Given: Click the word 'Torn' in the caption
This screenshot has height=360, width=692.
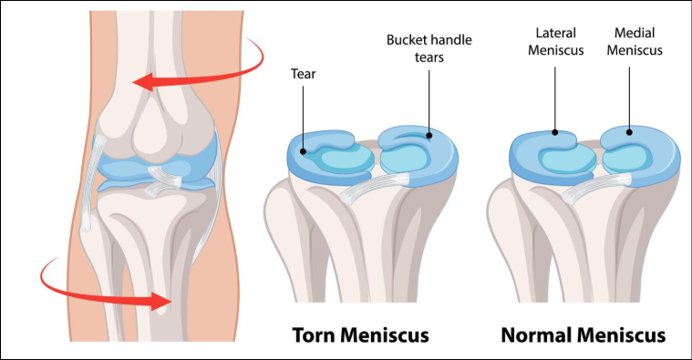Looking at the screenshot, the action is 315,335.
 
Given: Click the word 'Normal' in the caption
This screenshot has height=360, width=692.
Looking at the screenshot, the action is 539,335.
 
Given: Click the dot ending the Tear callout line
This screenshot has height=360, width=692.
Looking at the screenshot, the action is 305,146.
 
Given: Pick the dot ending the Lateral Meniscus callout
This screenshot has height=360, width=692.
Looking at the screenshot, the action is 554,131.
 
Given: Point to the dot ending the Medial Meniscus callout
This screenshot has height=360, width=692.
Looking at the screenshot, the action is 629,131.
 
